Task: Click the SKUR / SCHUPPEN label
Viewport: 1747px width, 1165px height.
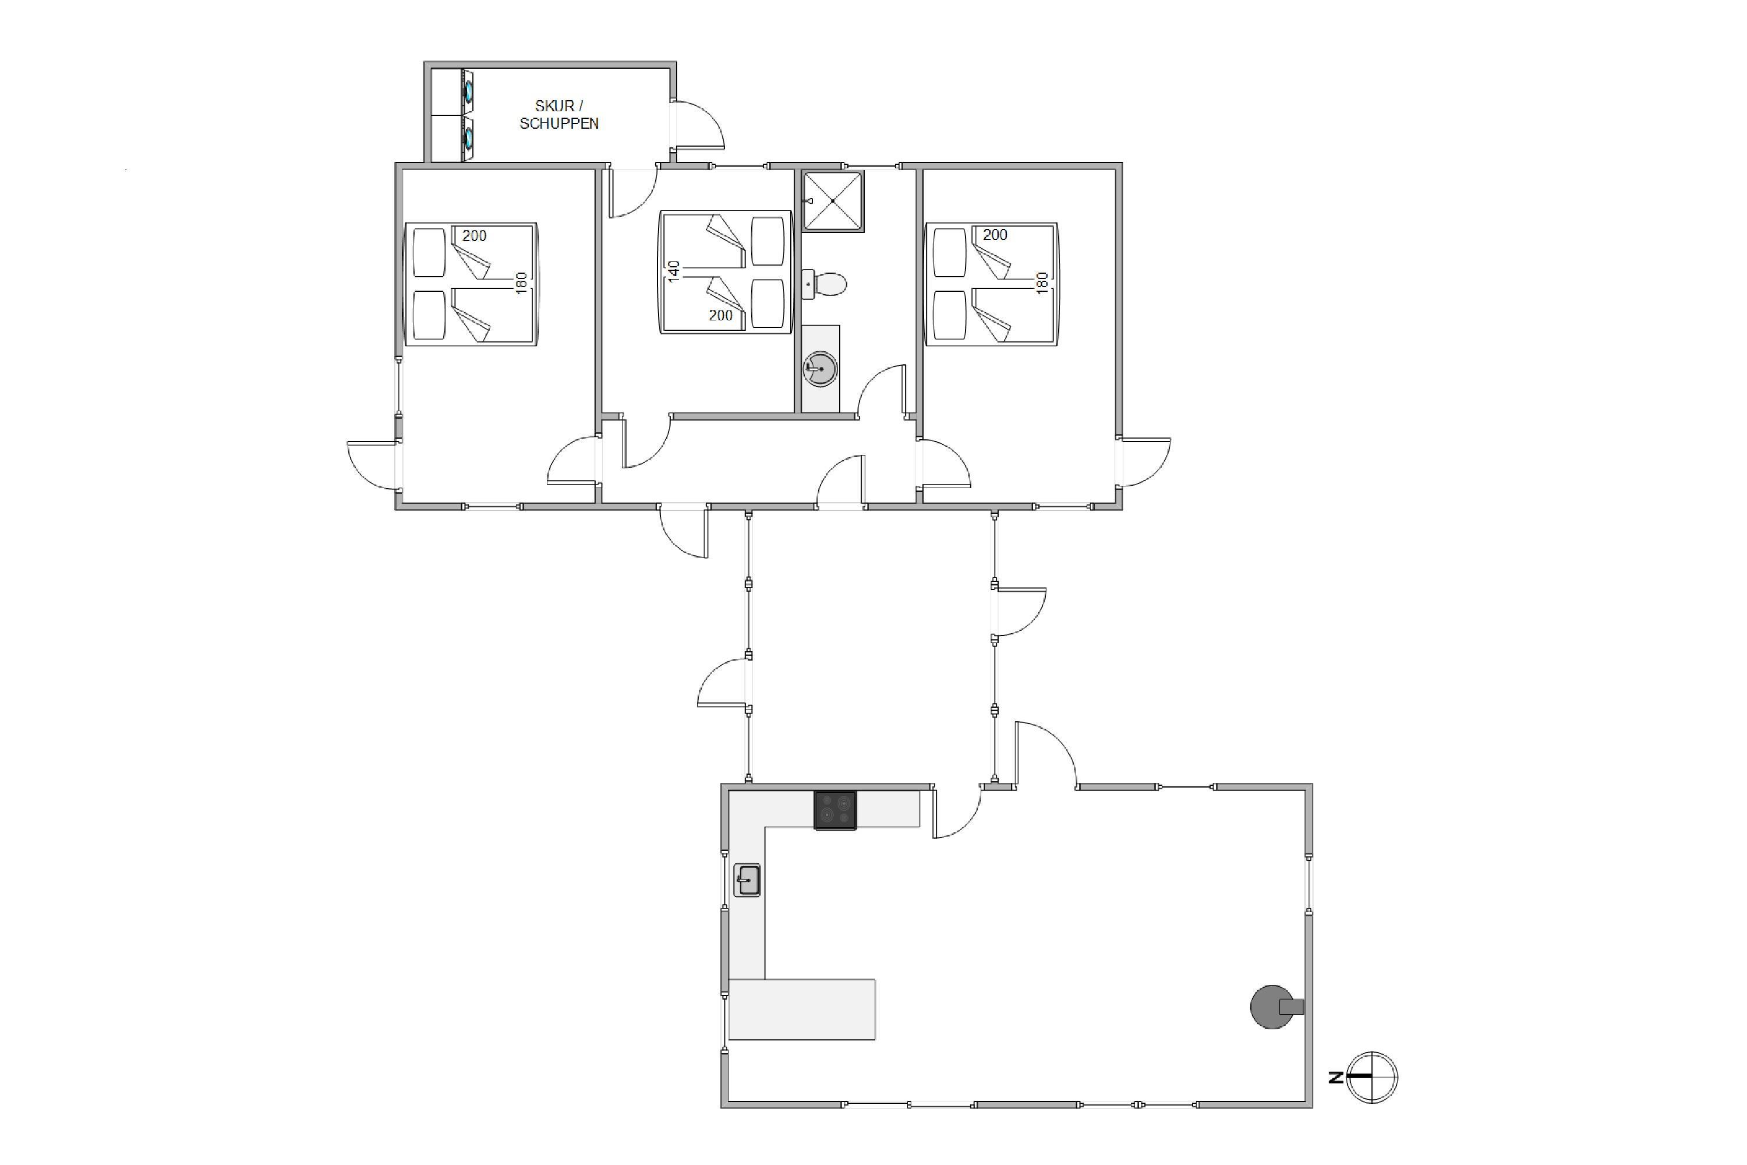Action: (x=558, y=114)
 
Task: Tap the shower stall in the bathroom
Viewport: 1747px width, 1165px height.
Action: (x=833, y=200)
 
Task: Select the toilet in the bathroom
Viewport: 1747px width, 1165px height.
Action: (x=825, y=284)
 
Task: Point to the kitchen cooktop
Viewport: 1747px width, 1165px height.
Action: (x=835, y=810)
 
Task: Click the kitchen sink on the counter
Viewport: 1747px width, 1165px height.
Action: (x=747, y=880)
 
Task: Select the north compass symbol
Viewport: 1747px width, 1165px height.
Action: (x=1371, y=1077)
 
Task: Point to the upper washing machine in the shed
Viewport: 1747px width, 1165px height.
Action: (x=468, y=92)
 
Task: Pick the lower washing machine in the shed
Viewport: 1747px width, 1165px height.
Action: (x=468, y=138)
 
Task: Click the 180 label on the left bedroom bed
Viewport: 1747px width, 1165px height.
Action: (x=521, y=283)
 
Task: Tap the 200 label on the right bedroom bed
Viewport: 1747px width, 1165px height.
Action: (x=995, y=235)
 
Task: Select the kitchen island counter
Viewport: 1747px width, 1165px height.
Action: (x=801, y=1009)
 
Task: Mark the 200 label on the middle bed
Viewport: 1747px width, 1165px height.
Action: (x=720, y=315)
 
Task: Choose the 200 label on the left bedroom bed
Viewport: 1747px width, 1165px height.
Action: (x=474, y=235)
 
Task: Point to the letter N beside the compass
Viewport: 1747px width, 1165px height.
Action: (x=1335, y=1077)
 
